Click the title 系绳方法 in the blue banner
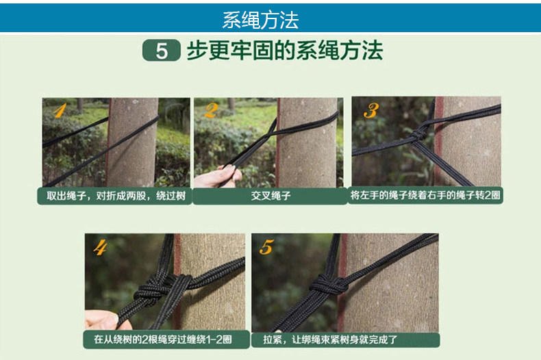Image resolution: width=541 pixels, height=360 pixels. coord(260,20)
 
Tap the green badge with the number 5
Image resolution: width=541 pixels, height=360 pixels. coord(161,51)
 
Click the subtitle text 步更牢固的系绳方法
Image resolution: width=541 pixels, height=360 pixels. coord(285,51)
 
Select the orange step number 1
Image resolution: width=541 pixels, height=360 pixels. coord(60,111)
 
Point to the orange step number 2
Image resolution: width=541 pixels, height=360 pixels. coord(211,111)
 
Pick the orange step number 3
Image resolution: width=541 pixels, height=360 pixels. coord(371,110)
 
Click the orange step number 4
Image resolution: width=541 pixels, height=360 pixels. coord(100,248)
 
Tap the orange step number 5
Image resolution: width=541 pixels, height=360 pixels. coord(266,247)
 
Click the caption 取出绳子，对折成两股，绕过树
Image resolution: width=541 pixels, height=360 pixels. coord(116,196)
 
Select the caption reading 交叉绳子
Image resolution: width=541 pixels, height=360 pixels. coord(271,196)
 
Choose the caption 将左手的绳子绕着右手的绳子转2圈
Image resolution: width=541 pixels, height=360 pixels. coord(425,195)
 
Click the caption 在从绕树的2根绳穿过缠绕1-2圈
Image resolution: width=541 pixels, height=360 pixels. coord(163,339)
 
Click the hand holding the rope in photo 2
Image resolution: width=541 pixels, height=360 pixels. coord(217,177)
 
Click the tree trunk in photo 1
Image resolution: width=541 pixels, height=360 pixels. coord(131,142)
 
